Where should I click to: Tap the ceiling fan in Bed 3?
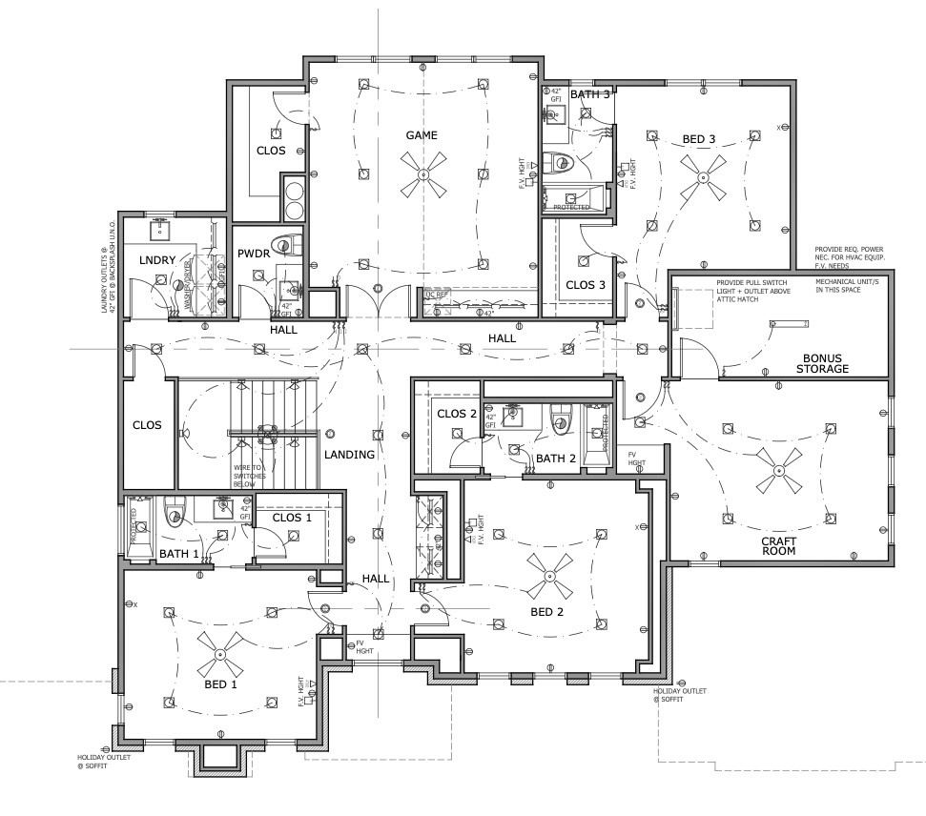701,177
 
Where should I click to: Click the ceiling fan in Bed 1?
218,654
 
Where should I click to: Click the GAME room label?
422,135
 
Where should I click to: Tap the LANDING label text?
348,455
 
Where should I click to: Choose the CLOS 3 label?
585,284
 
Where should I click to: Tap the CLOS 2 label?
456,413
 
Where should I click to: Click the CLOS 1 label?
292,517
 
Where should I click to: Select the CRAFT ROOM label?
778,545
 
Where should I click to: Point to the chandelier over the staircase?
268,433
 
